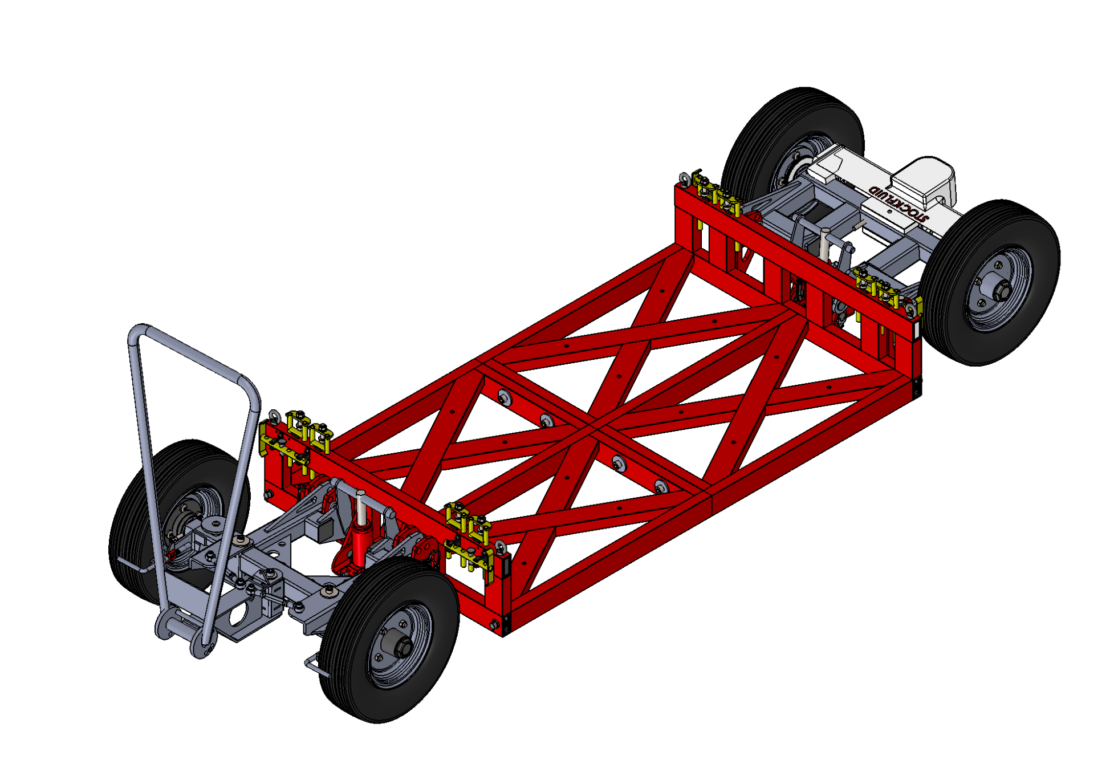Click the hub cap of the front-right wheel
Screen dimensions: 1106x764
tap(399, 647)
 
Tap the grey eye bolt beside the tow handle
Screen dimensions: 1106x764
tap(275, 417)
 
